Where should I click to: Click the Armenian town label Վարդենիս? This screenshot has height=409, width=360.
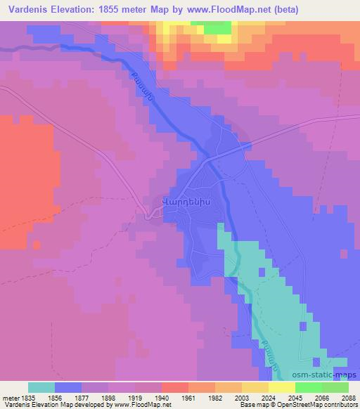coord(183,199)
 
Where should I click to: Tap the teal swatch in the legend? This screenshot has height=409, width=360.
coord(41,387)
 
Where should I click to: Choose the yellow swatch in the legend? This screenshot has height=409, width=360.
coord(255,387)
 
